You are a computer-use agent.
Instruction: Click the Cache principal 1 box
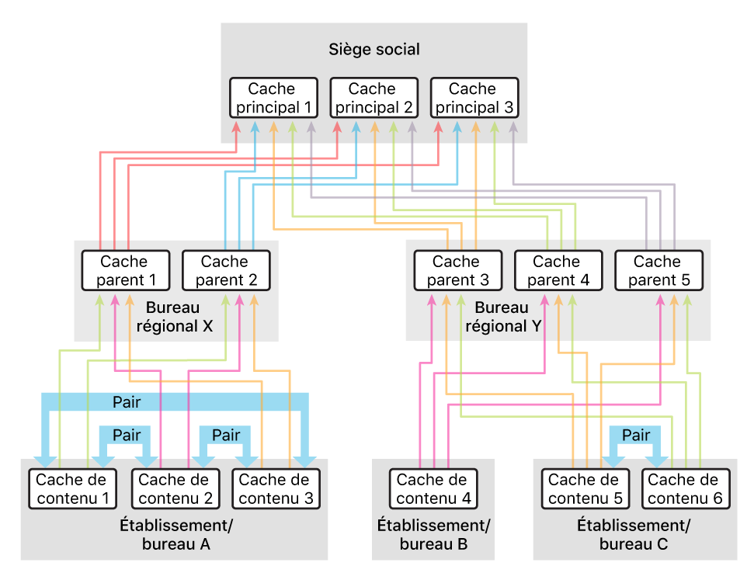tap(273, 98)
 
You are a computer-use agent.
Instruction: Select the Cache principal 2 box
tap(373, 98)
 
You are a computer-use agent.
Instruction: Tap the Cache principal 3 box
tap(472, 98)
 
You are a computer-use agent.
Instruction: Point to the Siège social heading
tap(374, 50)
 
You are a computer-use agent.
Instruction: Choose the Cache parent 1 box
tap(124, 270)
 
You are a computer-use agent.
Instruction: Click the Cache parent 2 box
tap(225, 270)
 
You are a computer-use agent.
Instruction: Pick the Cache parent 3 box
tap(457, 270)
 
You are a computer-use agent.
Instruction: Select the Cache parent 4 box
tap(557, 270)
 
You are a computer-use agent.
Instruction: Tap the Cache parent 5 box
tap(658, 270)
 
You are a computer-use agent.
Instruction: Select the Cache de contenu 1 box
tap(71, 489)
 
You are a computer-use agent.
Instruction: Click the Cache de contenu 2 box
tap(175, 489)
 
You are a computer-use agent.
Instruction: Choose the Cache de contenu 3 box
tap(276, 489)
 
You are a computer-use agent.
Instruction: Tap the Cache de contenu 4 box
tap(433, 489)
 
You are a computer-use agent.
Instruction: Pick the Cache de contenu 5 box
tap(584, 489)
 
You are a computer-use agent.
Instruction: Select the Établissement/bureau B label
tap(433, 534)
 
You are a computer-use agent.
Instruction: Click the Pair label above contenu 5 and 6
tap(635, 435)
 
